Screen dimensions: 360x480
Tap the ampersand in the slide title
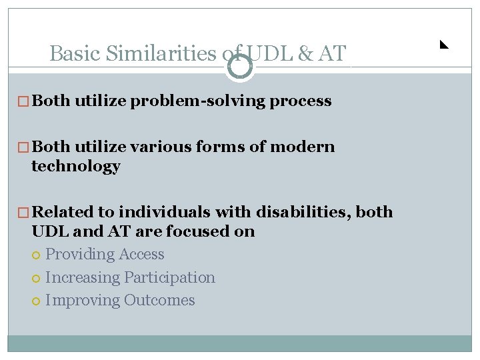tap(305, 53)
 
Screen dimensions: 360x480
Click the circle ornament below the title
tap(240, 67)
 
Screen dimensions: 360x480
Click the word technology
tap(75, 166)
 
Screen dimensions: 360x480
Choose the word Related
tap(63, 212)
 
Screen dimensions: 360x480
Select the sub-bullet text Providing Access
tap(105, 254)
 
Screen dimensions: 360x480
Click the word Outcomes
tap(159, 300)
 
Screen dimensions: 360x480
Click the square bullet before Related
tap(25, 213)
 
